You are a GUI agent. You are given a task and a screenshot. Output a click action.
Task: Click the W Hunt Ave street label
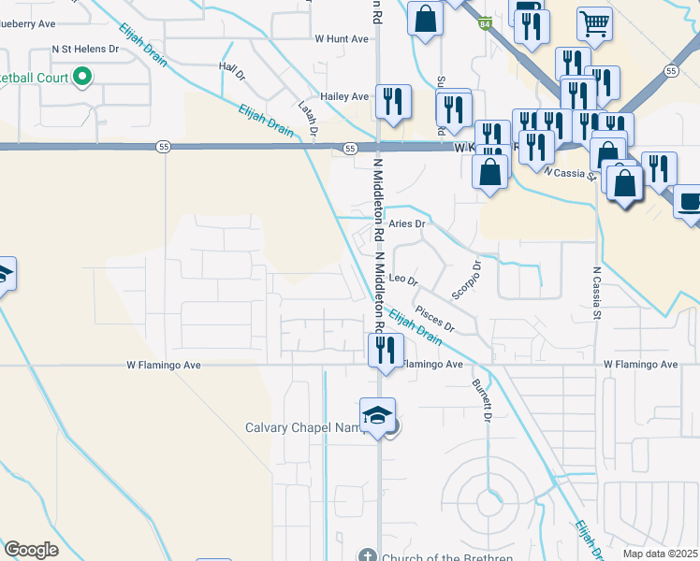click(x=342, y=39)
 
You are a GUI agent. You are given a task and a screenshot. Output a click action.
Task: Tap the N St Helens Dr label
click(x=86, y=48)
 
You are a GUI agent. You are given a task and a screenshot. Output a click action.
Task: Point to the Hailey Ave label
click(x=344, y=96)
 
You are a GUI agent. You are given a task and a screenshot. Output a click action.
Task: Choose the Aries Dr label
click(x=407, y=224)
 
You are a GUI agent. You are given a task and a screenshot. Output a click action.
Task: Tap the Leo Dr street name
click(x=402, y=279)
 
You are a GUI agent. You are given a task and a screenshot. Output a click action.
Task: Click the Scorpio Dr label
click(x=465, y=280)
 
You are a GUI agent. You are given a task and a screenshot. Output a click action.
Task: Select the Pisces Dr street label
click(x=434, y=321)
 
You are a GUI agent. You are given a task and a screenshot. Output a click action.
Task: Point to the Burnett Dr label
click(x=481, y=400)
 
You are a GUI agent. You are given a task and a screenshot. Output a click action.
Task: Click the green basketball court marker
click(x=83, y=76)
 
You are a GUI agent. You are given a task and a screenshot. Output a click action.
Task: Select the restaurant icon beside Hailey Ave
click(x=393, y=100)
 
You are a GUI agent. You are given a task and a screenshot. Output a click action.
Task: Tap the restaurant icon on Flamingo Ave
click(x=385, y=350)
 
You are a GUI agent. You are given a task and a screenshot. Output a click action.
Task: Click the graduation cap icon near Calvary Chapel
click(x=377, y=415)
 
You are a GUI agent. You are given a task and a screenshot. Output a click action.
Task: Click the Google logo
click(x=31, y=551)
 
